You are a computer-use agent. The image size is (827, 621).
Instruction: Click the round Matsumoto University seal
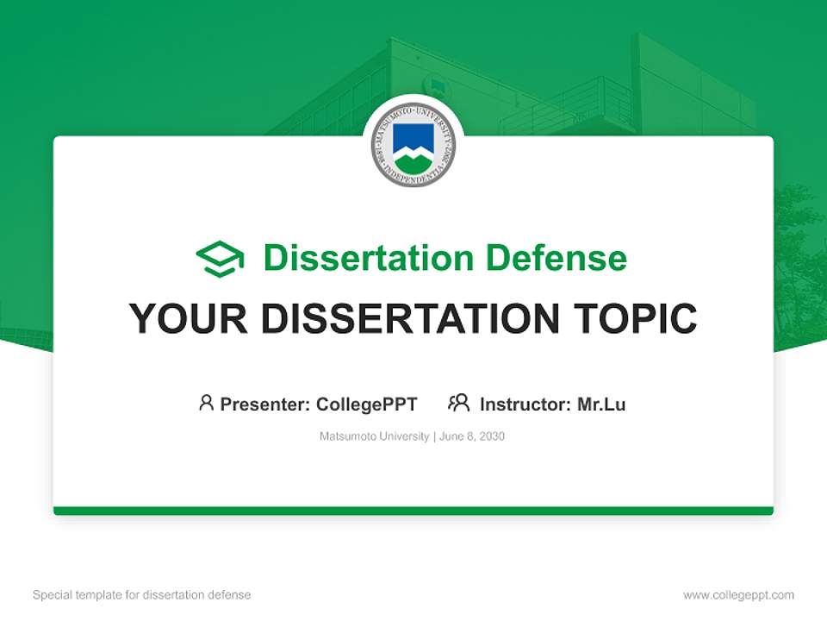(x=413, y=145)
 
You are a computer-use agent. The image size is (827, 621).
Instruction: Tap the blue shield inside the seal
(x=413, y=138)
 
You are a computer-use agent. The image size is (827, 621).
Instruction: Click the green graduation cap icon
(x=221, y=258)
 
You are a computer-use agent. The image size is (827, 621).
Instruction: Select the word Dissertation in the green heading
(x=368, y=258)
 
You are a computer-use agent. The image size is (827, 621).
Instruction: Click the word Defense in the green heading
(x=556, y=258)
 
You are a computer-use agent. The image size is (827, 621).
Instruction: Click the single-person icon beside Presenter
(x=206, y=403)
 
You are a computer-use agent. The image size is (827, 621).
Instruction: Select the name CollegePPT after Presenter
(x=366, y=405)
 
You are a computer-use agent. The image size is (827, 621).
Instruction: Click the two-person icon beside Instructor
(x=458, y=403)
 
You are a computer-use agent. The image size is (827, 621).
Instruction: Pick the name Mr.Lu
(x=601, y=405)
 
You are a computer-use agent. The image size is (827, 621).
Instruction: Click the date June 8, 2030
(x=472, y=436)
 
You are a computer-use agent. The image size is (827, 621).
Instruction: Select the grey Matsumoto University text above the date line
(x=374, y=436)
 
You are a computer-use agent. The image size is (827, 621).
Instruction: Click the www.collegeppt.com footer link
(x=738, y=595)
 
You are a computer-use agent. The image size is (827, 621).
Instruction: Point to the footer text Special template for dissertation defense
(x=142, y=595)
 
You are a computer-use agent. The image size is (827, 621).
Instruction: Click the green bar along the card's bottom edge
(x=413, y=511)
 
